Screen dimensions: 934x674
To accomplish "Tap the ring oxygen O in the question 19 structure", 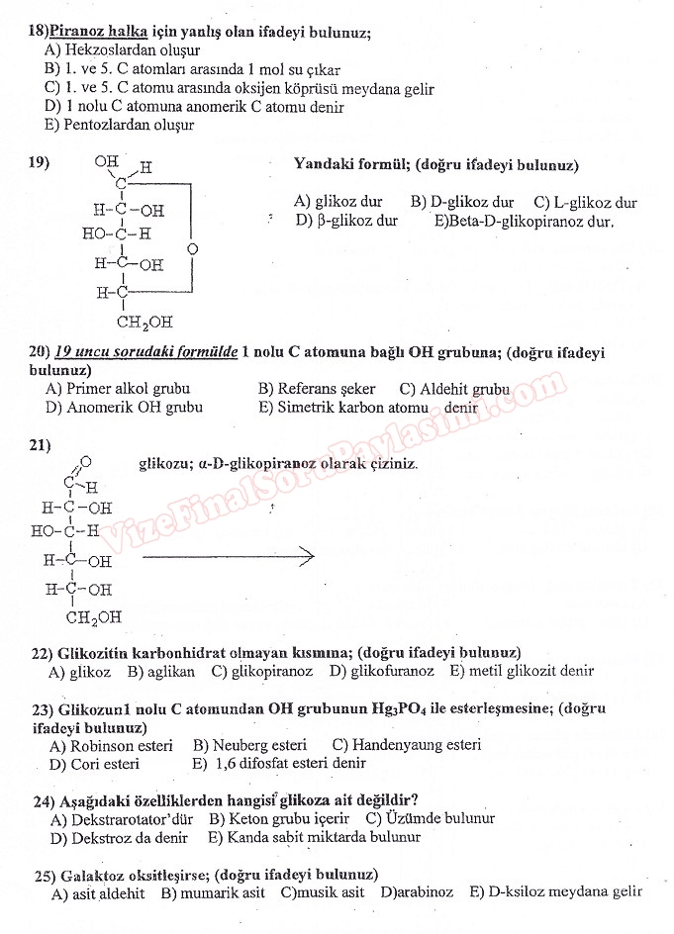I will tap(192, 246).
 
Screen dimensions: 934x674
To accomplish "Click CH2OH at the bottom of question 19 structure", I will tap(144, 322).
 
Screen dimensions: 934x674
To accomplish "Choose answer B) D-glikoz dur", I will tap(462, 202).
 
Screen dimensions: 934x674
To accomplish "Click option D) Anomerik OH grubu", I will tap(124, 407).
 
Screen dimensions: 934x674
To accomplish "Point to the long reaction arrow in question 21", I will tap(228, 558).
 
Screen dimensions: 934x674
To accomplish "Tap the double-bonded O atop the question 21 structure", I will tap(86, 462).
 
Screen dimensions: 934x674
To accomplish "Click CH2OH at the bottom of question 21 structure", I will tap(94, 618).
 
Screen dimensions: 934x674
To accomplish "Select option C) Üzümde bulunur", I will tap(430, 818).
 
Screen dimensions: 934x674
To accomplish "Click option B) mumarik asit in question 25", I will tap(212, 892).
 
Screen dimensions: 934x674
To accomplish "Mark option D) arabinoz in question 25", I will tap(418, 892).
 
